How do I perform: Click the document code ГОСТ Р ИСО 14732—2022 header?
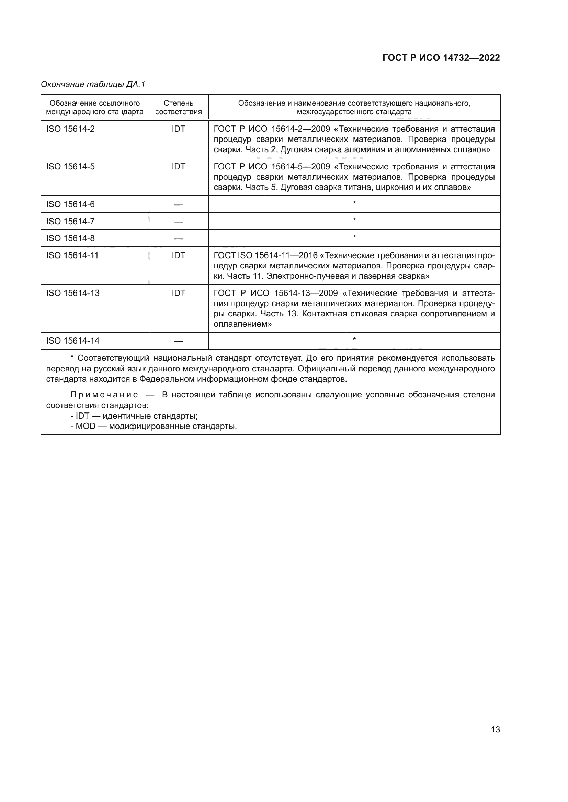441,58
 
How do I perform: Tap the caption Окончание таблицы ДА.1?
93,84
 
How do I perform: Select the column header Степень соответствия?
178,107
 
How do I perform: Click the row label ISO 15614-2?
70,129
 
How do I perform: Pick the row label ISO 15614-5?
70,167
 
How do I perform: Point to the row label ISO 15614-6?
70,204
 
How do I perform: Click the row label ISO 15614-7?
70,222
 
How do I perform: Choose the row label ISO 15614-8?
70,238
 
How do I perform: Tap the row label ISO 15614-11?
72,255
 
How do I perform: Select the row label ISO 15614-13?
73,293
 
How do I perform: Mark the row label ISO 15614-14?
73,340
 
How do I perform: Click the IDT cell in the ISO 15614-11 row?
178,255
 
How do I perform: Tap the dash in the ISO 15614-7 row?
178,222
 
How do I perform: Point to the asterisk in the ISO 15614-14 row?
354,339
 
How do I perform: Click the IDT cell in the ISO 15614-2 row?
178,129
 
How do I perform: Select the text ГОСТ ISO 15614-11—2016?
265,255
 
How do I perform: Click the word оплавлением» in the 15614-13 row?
243,324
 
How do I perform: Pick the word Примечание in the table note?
104,395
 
